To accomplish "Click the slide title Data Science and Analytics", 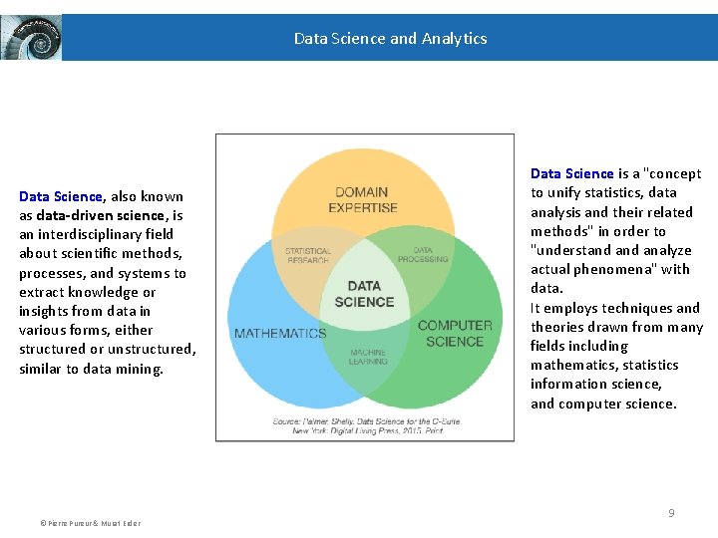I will [390, 39].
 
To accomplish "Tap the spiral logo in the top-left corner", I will [31, 38].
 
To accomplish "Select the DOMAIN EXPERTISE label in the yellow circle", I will [363, 199].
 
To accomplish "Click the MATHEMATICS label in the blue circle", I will [279, 333].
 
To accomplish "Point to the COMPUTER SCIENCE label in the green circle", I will [455, 333].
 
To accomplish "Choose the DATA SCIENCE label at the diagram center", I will [364, 294].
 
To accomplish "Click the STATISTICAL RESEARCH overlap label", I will [308, 255].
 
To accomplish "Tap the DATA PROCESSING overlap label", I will [423, 255].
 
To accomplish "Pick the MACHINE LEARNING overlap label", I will [368, 357].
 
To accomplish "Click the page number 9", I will [671, 512].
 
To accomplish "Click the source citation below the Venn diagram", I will [364, 424].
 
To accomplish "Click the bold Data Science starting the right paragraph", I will [571, 173].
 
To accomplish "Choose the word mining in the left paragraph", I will [141, 369].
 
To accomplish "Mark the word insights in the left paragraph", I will [43, 311].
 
